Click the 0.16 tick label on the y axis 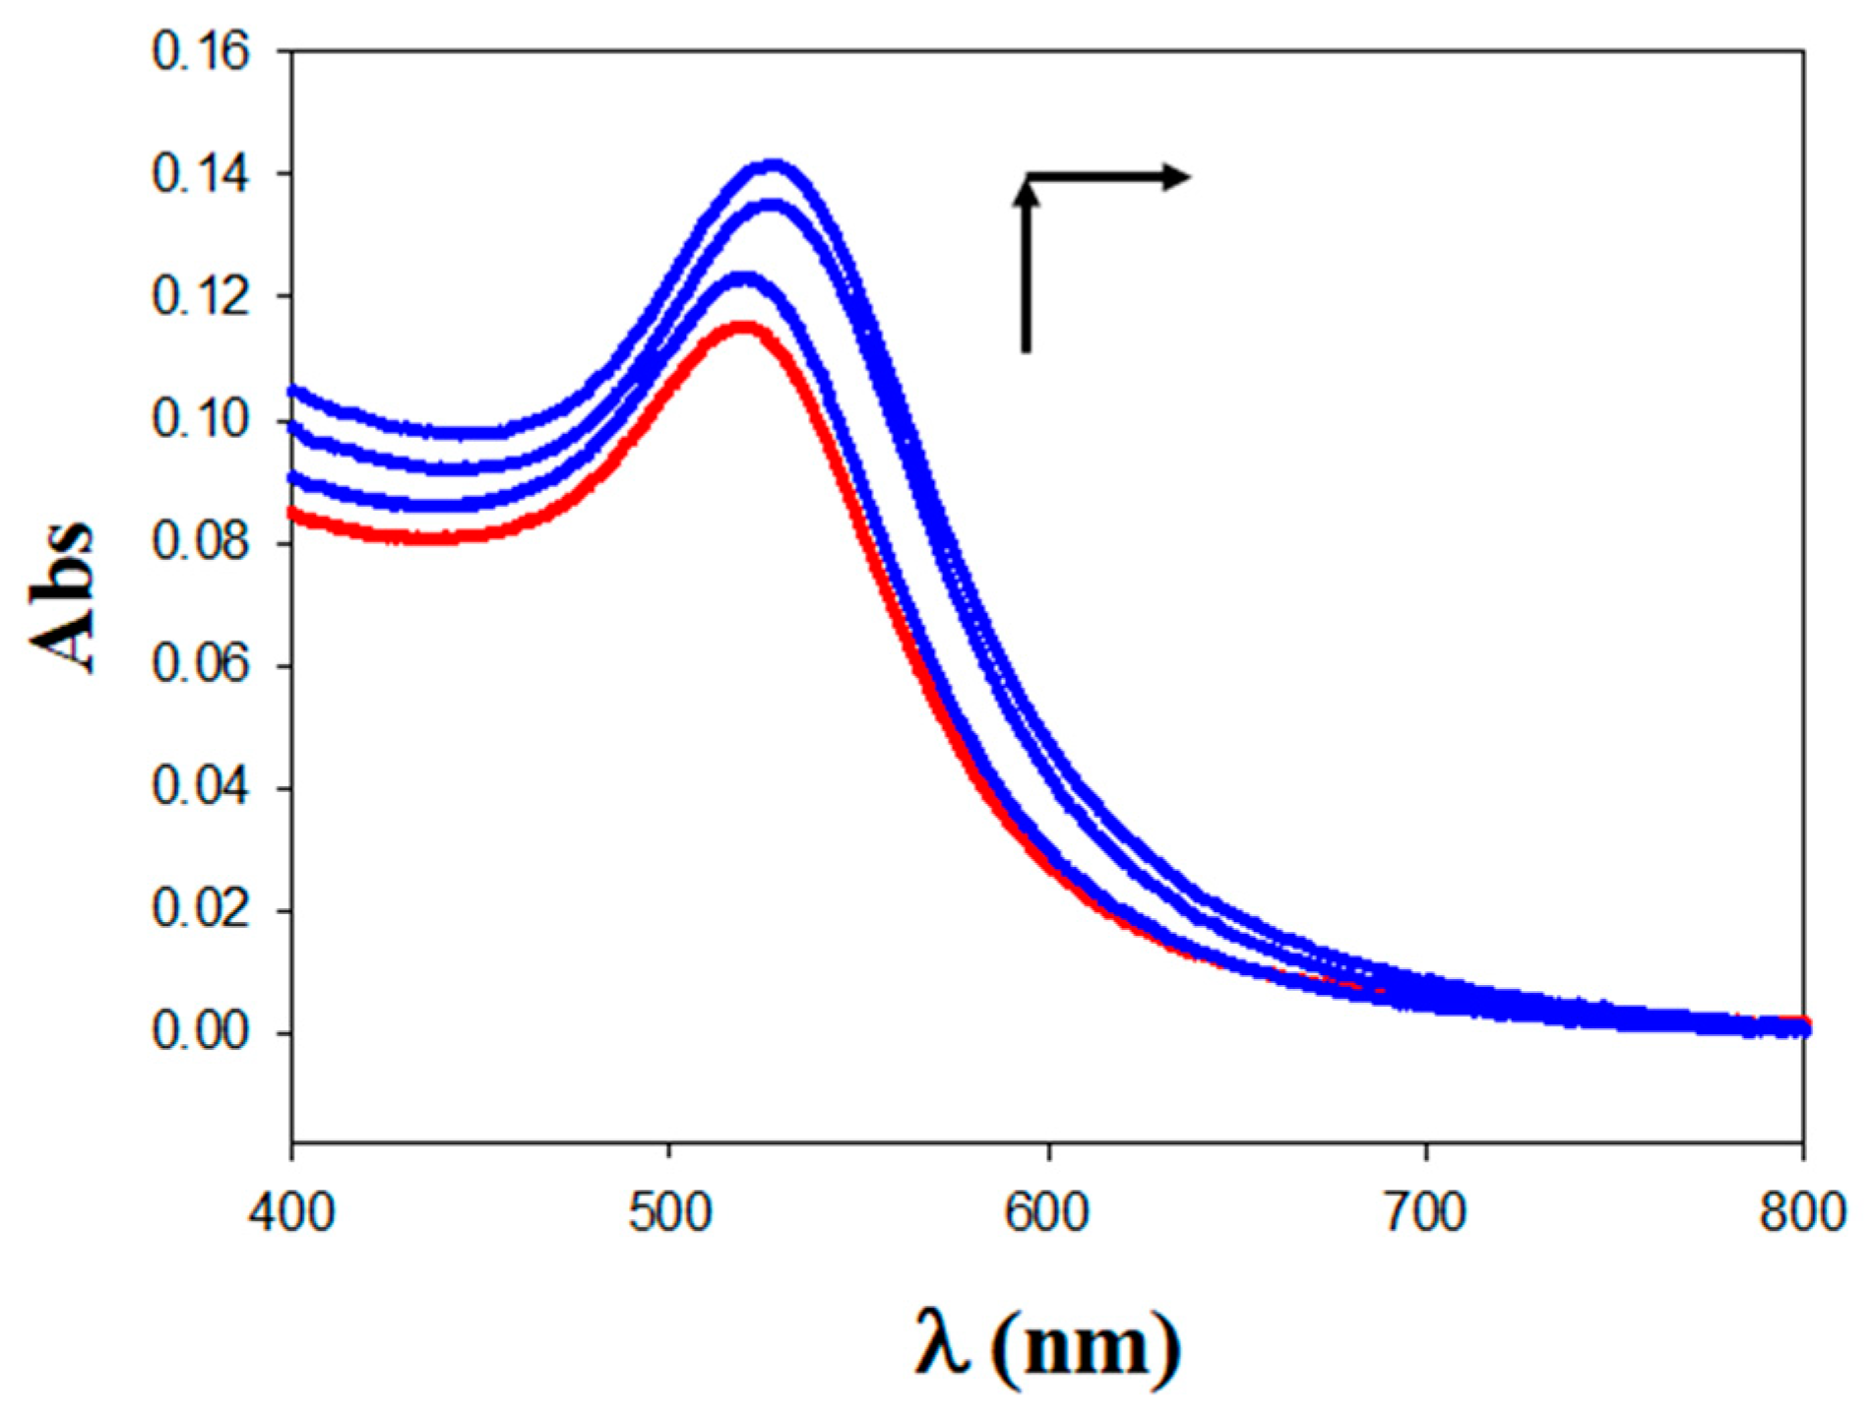(201, 52)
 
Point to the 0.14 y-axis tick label (201, 174)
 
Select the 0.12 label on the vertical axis (201, 297)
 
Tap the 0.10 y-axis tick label (201, 420)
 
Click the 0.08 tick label (201, 542)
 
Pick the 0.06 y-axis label (201, 665)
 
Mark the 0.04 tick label (201, 787)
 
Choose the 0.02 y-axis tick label (201, 909)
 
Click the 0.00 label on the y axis (201, 1032)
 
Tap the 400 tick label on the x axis (291, 1212)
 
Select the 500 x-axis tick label (669, 1212)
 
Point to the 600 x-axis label (1047, 1212)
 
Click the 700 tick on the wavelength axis (1425, 1212)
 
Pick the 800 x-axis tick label (1802, 1212)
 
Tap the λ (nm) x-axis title (1047, 1346)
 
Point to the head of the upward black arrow (1027, 193)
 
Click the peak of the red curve (743, 327)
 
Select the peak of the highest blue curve (774, 164)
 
